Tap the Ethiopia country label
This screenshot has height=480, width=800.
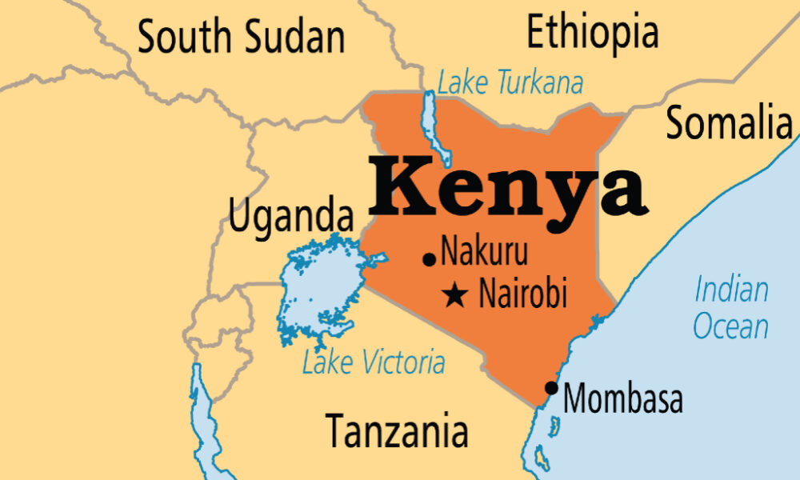(593, 32)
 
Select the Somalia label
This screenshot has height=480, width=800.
(729, 123)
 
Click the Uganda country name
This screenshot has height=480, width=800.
(291, 215)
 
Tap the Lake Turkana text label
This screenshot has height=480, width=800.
(510, 82)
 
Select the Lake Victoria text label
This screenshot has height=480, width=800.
(374, 362)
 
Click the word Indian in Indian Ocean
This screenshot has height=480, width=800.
(731, 289)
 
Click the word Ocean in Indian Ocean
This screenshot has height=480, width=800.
(730, 326)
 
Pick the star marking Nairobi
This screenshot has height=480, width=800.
(456, 295)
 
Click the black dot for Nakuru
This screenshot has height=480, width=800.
(430, 258)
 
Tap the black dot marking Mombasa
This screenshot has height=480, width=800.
(551, 388)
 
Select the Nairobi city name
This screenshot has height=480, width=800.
(522, 294)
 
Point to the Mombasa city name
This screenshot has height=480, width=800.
(623, 398)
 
